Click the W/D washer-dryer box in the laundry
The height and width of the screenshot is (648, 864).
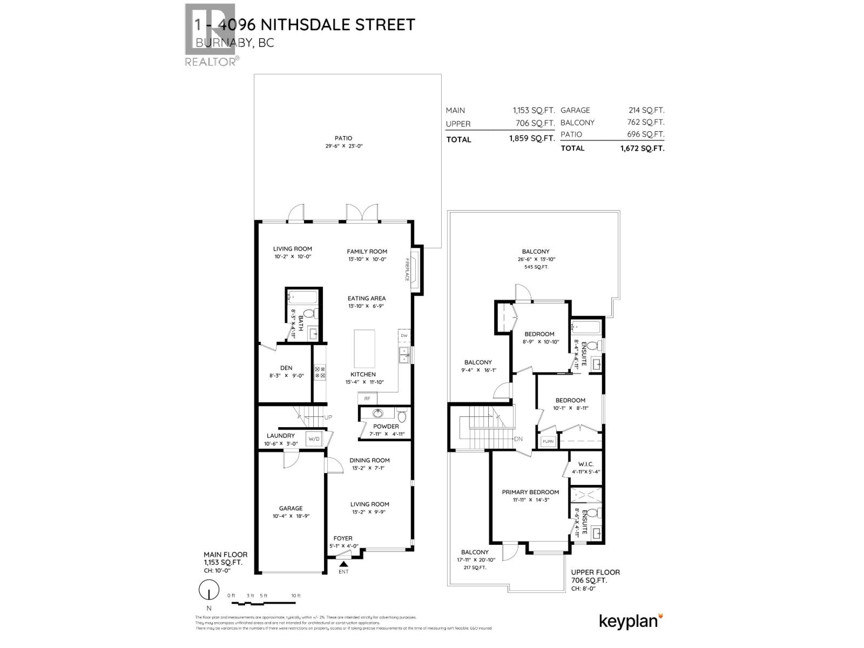point(314,439)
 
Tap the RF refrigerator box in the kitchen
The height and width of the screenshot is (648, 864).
point(367,399)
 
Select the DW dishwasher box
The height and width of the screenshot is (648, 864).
point(404,336)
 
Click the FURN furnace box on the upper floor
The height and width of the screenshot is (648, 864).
point(548,441)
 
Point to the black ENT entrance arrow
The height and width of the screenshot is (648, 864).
point(343,564)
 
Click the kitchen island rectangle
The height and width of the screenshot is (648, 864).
point(364,348)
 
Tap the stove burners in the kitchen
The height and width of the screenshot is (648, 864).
point(320,372)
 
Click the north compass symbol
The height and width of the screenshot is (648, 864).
point(208,590)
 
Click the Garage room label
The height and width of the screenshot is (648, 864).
point(291,508)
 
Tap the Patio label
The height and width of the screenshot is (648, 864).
point(343,138)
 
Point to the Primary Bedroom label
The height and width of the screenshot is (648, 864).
point(530,492)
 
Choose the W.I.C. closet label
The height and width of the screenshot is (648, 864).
point(586,464)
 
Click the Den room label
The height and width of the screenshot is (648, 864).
point(286,368)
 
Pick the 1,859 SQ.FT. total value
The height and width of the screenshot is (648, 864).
point(532,138)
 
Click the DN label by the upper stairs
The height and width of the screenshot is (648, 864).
point(518,438)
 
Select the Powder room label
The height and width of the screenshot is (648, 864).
point(386,426)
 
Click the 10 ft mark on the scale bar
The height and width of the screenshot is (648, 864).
point(295,596)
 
